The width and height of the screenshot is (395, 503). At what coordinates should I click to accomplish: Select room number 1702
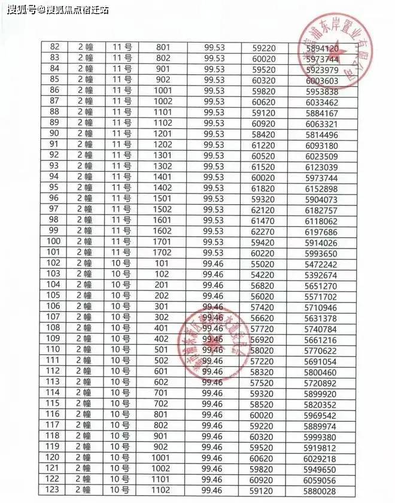163,252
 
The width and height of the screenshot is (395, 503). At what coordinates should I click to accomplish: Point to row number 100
54,241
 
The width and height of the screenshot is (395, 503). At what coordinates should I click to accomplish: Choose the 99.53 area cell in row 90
214,134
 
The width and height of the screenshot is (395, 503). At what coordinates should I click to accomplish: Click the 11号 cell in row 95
122,187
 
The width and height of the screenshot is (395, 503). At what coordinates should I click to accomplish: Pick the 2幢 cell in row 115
84,404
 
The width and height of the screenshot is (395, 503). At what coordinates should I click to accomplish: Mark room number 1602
163,231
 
